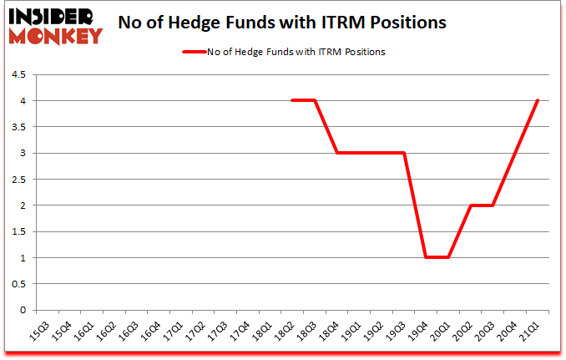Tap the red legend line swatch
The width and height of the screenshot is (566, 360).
(198, 52)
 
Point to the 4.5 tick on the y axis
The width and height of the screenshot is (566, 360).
(18, 75)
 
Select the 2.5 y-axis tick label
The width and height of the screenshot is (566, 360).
(18, 180)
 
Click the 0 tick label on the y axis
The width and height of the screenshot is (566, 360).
(23, 310)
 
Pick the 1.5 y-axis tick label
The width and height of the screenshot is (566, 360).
(18, 231)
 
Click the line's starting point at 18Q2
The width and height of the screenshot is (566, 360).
(291, 101)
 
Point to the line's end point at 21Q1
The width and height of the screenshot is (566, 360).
(538, 101)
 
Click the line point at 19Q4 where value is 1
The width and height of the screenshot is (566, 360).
(427, 257)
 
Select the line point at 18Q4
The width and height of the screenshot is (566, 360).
(336, 153)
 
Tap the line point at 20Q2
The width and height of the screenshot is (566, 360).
(472, 205)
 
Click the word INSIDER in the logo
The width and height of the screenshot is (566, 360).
(51, 16)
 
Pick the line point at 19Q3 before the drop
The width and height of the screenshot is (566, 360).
(404, 153)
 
